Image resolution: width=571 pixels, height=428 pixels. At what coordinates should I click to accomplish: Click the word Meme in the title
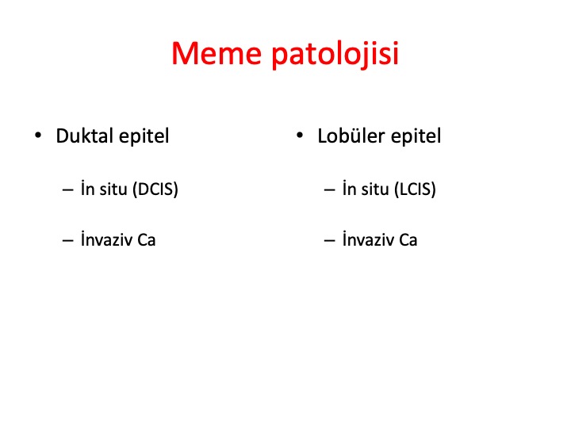tap(217, 53)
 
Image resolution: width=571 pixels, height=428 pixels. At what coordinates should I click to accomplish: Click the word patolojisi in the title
tap(335, 55)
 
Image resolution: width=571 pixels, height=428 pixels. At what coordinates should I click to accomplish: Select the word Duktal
tap(85, 136)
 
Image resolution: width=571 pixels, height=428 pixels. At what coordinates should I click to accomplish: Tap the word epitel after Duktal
tap(144, 136)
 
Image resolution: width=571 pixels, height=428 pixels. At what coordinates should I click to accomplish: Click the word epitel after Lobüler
tap(416, 136)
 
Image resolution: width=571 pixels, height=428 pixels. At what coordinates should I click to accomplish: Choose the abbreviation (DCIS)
tap(155, 189)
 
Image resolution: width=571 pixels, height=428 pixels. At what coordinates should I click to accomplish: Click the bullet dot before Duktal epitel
tap(38, 136)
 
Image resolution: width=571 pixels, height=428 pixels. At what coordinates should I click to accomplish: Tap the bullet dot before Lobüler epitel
tap(300, 136)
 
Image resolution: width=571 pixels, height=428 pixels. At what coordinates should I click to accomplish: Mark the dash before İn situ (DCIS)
tap(67, 190)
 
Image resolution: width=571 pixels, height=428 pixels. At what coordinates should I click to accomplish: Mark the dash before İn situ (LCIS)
tap(329, 190)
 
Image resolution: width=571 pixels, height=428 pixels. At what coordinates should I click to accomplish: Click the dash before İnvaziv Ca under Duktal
tap(67, 241)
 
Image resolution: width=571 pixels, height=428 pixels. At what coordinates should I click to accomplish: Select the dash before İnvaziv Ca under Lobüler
tap(329, 241)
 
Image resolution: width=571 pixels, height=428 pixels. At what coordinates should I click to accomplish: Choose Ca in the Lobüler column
tap(408, 240)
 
